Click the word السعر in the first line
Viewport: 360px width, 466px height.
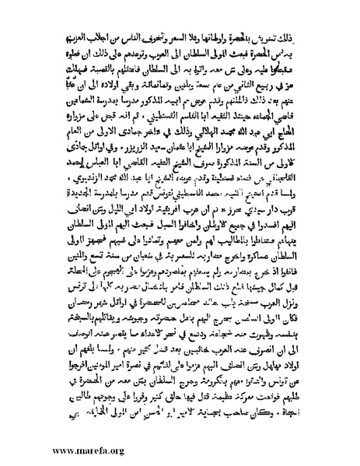[194, 37]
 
